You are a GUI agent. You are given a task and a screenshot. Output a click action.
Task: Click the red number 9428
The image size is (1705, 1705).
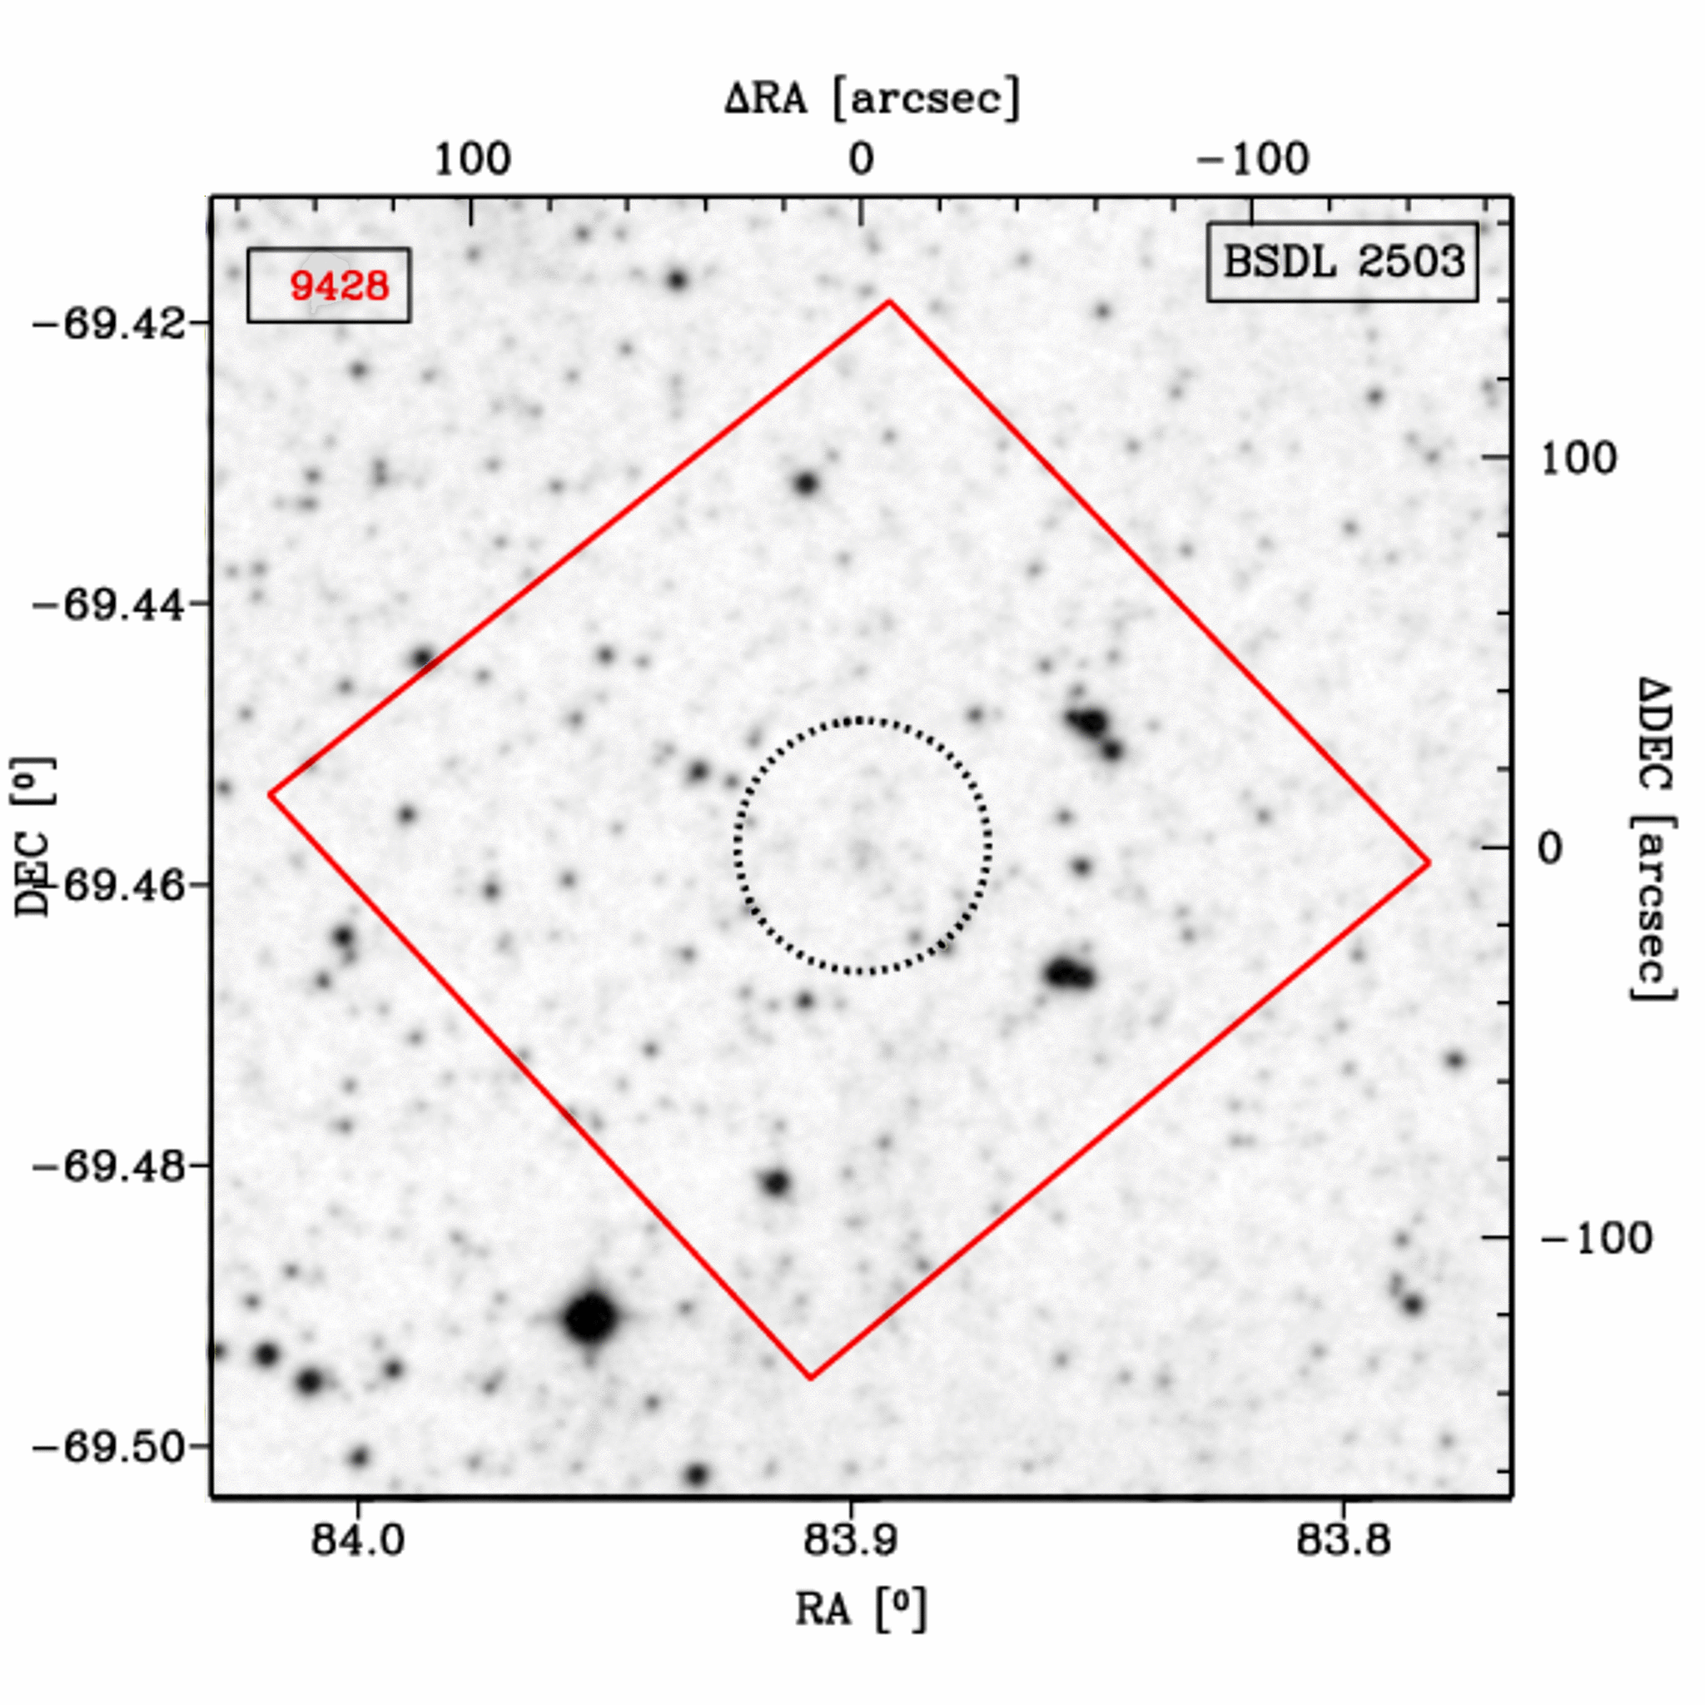coord(339,286)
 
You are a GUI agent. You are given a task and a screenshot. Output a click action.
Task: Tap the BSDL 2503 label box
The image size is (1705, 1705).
coord(1342,261)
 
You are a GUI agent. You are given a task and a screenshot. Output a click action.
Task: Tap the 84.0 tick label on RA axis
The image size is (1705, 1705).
coord(358,1539)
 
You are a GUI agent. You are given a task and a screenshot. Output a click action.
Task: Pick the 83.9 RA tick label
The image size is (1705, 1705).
coord(851,1539)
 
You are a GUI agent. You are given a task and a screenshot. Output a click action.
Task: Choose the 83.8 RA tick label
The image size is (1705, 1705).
coord(1343,1539)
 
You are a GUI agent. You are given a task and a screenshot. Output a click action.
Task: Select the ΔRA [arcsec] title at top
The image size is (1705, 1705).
coord(872,97)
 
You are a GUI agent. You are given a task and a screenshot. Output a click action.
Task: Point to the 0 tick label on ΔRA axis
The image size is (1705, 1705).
coord(861,160)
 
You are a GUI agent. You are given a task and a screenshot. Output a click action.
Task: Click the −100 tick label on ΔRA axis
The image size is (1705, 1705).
coord(1253,160)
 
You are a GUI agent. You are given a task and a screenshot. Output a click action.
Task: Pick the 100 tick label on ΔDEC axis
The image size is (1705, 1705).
coord(1578,459)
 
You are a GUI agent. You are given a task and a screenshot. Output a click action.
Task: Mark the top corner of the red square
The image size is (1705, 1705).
coord(890,302)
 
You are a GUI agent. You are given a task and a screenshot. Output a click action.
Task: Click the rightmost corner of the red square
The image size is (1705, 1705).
coord(1429,862)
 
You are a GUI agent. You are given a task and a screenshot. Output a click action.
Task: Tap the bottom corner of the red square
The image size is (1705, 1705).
coord(810,1377)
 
